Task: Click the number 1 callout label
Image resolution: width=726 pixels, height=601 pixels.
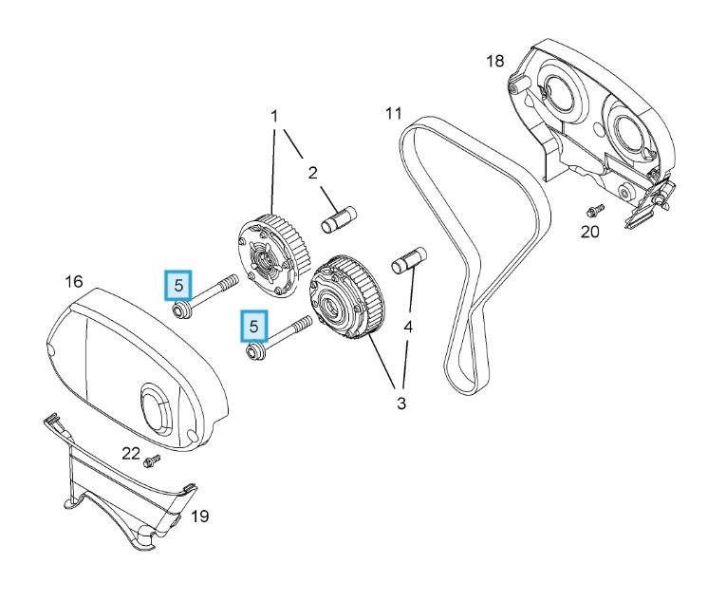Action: point(274,116)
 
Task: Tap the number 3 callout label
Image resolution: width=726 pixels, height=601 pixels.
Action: point(401,404)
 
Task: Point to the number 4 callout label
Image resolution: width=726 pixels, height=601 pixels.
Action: point(408,327)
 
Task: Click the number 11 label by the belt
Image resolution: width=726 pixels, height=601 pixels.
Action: point(394,114)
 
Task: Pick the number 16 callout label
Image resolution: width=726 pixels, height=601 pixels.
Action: point(74,281)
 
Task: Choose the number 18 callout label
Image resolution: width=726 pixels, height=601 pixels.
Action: point(494,61)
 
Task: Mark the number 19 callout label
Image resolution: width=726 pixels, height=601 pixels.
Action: point(199,516)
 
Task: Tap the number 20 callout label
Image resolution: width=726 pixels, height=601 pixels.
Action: point(590,232)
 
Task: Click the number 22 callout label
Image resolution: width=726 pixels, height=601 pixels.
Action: point(131,453)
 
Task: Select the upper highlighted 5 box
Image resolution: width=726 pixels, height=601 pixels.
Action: point(178,284)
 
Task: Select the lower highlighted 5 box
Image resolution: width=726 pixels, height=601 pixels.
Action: point(253,326)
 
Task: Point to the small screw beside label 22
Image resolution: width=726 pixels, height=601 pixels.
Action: point(152,460)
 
